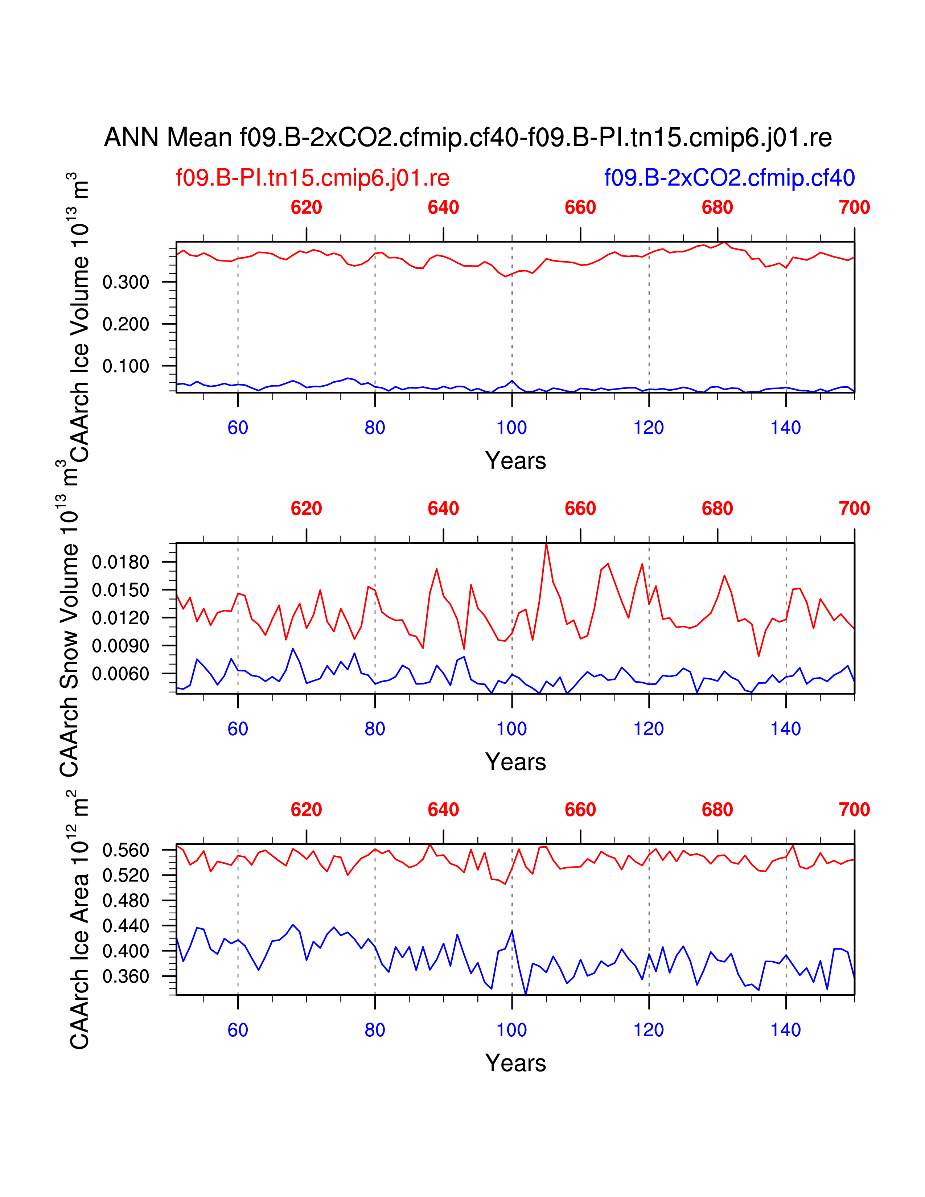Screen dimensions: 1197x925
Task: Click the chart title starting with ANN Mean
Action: (x=468, y=137)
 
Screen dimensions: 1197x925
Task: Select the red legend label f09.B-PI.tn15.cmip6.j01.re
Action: (x=312, y=178)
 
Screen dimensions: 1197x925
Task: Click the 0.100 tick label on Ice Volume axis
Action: (x=126, y=366)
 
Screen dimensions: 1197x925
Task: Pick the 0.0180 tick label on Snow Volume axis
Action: (x=120, y=562)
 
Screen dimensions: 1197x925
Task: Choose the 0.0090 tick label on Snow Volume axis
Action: (x=120, y=646)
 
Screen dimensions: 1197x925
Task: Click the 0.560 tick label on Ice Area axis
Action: (x=126, y=850)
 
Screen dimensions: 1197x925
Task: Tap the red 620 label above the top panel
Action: (x=306, y=208)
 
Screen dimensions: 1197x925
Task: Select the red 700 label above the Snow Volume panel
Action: (x=854, y=509)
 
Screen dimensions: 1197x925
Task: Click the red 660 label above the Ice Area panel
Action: (x=580, y=810)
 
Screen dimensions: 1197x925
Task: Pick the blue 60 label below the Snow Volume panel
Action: (x=238, y=729)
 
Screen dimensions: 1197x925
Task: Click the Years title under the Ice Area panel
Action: (x=515, y=1063)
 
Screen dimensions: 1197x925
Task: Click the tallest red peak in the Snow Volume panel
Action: (x=546, y=544)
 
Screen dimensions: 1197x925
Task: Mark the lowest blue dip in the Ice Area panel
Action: (x=526, y=994)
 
